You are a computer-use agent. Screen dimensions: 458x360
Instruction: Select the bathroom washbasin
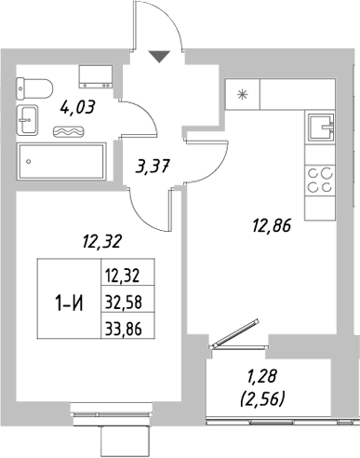27,120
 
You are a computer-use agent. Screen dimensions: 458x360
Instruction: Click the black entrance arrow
160,58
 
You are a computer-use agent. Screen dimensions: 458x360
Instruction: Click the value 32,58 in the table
126,300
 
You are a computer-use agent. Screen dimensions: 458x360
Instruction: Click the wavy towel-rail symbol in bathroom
66,132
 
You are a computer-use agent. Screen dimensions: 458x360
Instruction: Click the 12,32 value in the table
126,274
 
